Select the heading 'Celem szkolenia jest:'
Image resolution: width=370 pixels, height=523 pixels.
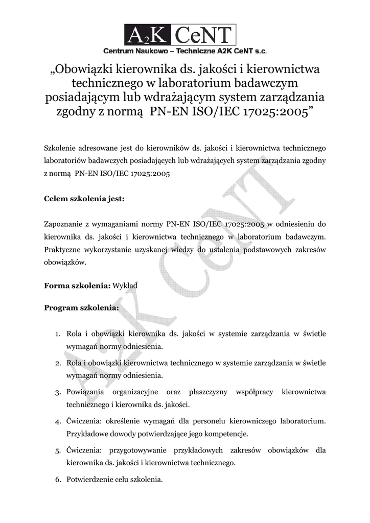pyautogui.click(x=84, y=199)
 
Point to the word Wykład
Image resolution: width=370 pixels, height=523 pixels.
pyautogui.click(x=125, y=286)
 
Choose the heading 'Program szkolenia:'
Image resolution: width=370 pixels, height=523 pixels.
pyautogui.click(x=82, y=308)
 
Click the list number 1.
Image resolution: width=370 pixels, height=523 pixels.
pyautogui.click(x=58, y=334)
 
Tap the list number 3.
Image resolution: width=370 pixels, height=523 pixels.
pyautogui.click(x=58, y=392)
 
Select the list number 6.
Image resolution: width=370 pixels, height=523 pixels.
pyautogui.click(x=58, y=480)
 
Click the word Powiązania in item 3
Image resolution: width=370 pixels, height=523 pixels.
pyautogui.click(x=85, y=392)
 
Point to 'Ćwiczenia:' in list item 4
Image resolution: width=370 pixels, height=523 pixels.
pyautogui.click(x=85, y=421)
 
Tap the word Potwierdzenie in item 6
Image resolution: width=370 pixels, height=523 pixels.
pyautogui.click(x=90, y=480)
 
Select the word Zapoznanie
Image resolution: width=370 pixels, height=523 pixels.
pyautogui.click(x=65, y=224)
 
